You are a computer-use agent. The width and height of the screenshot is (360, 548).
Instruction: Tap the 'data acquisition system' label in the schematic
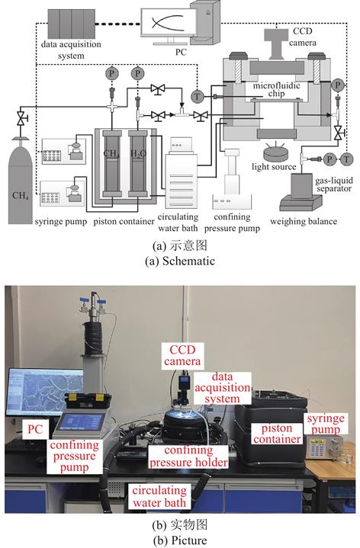[71, 50]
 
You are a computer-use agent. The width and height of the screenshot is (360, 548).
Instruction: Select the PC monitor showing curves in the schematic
[169, 23]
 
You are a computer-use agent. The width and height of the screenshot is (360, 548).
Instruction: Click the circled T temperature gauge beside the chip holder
[198, 96]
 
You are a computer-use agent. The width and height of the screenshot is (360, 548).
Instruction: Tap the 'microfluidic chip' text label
[276, 89]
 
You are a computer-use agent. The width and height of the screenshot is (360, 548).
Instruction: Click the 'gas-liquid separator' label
[333, 184]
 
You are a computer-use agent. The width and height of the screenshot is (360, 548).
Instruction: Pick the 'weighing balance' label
[304, 221]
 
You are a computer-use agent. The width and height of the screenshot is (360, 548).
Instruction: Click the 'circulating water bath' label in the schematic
[178, 223]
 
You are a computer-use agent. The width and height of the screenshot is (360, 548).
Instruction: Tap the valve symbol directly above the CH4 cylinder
[21, 119]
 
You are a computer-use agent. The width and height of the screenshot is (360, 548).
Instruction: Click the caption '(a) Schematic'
[180, 261]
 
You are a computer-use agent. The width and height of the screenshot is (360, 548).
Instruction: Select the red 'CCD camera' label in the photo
[182, 355]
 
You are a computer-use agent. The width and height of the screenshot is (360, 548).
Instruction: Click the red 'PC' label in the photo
[35, 429]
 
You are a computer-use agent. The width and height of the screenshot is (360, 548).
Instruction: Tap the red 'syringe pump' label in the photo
[326, 424]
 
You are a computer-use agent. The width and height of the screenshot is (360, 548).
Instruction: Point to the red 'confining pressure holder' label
[188, 457]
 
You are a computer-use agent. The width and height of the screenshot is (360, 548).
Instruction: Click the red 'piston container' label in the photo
[277, 434]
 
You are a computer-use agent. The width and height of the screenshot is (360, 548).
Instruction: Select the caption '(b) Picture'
[180, 540]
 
